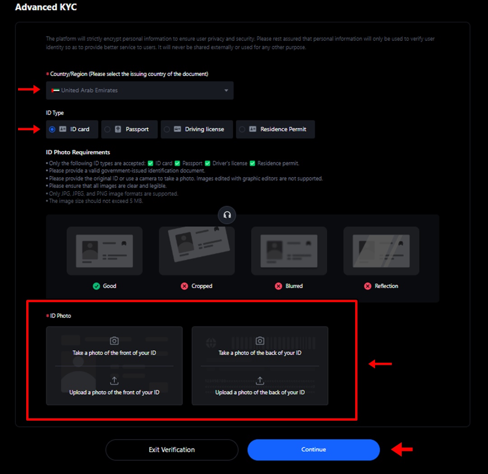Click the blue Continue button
[314, 450]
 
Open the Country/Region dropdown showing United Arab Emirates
[140, 90]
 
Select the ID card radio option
[52, 129]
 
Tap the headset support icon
[227, 215]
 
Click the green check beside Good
[96, 286]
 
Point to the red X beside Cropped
[184, 286]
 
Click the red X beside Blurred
[278, 286]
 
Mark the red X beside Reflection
[368, 286]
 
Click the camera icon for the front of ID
[114, 341]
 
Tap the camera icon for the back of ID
[260, 341]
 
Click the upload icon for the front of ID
[114, 381]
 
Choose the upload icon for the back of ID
[260, 381]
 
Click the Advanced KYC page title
[46, 8]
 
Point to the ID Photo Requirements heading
[78, 152]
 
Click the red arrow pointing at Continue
[402, 450]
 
